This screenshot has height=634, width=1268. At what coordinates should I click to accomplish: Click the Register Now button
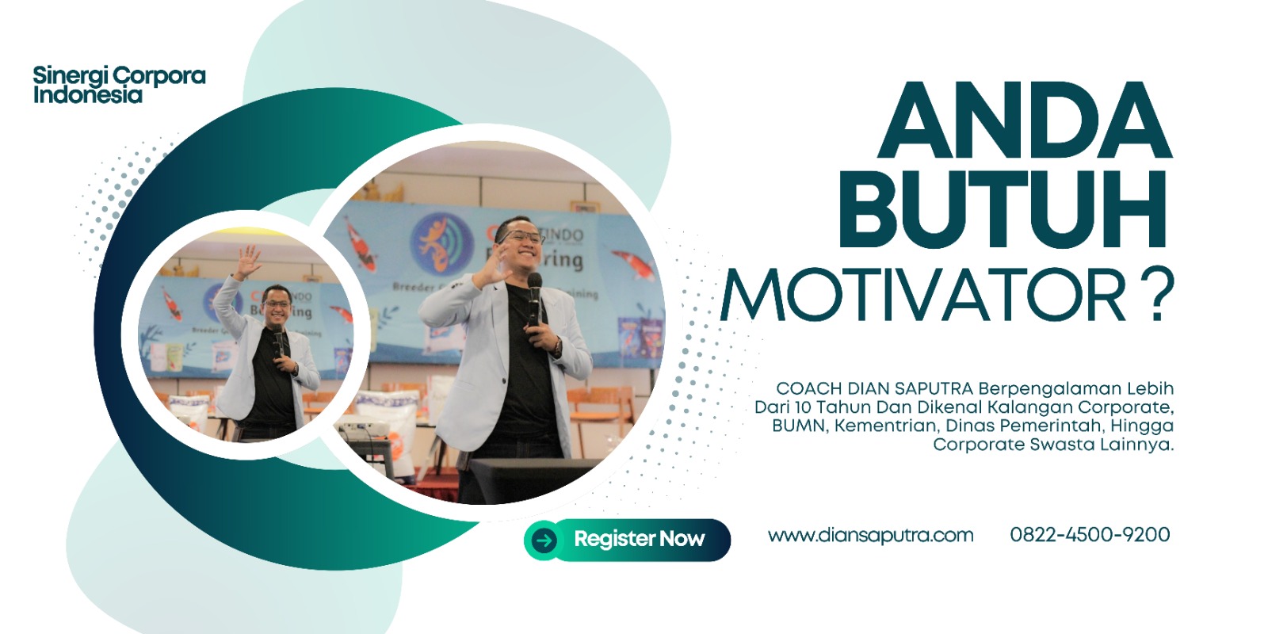(x=627, y=540)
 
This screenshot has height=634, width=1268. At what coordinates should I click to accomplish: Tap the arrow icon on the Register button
(x=544, y=540)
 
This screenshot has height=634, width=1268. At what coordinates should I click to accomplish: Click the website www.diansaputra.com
(x=871, y=535)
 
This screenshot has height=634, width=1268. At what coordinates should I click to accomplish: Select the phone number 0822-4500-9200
(x=1090, y=534)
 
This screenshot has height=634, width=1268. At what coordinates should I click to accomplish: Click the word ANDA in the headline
(x=1025, y=120)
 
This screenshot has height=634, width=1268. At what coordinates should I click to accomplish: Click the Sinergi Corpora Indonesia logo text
(x=119, y=84)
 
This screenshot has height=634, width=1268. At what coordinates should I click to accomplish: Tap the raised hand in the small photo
(x=248, y=262)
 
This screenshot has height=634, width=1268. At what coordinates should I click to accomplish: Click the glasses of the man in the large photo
(x=522, y=237)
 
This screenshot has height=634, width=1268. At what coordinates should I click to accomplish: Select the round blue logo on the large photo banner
(x=442, y=243)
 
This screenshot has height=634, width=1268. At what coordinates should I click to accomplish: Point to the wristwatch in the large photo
(x=558, y=346)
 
